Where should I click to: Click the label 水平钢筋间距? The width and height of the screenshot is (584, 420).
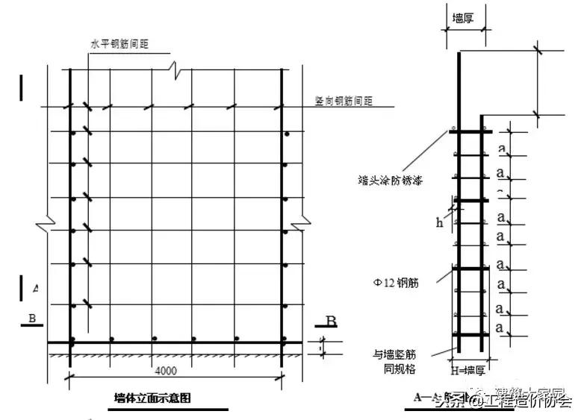[x=119, y=44]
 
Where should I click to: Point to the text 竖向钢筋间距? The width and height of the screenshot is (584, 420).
[x=344, y=100]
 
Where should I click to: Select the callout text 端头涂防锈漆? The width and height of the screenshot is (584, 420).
[x=388, y=179]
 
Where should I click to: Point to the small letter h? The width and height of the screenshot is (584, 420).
[x=439, y=222]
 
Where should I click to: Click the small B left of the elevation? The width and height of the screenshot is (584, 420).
[x=32, y=319]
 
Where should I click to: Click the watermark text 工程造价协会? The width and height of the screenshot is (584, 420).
[x=530, y=403]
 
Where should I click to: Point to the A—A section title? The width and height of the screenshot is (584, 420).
[x=429, y=398]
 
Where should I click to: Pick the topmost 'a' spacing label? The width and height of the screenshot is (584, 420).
[x=503, y=149]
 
